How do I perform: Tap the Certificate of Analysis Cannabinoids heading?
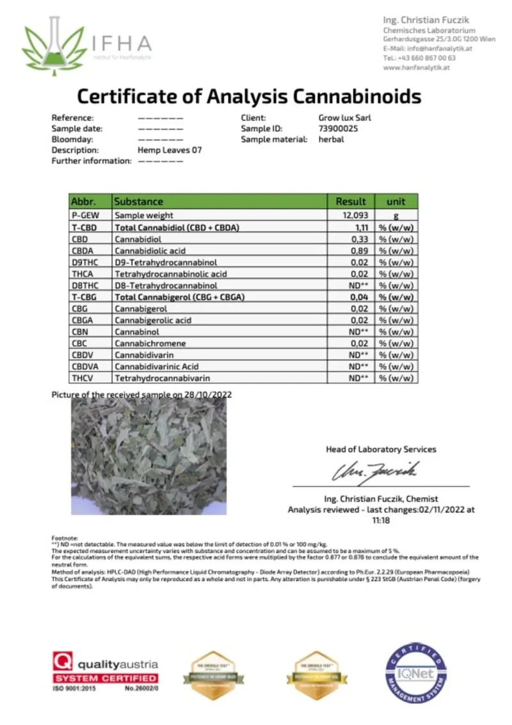(x=249, y=96)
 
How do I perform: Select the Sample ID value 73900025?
(x=338, y=129)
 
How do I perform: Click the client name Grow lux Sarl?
(x=344, y=118)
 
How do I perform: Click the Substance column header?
(x=139, y=201)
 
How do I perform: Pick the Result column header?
(x=351, y=201)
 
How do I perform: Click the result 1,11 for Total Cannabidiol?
(x=359, y=227)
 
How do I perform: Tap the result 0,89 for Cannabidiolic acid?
(x=359, y=250)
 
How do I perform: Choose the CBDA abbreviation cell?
(x=82, y=250)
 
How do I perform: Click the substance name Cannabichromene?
(x=147, y=343)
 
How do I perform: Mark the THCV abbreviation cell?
(x=82, y=378)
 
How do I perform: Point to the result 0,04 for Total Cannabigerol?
(x=358, y=297)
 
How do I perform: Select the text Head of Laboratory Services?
(x=381, y=449)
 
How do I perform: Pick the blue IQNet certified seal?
(x=415, y=672)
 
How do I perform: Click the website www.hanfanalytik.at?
(x=416, y=67)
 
